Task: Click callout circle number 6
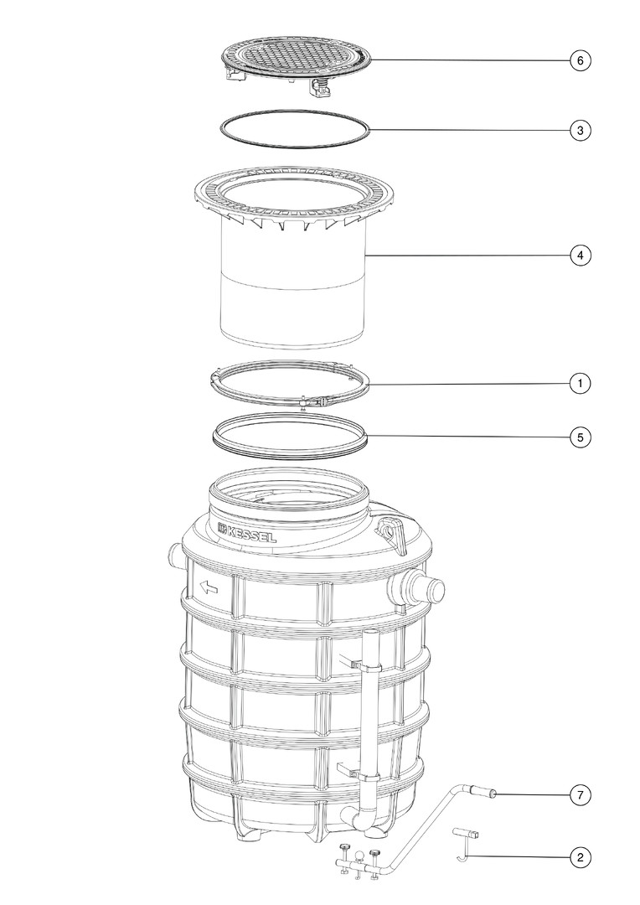[x=580, y=60]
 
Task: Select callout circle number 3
[x=580, y=131]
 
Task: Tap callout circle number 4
[x=580, y=255]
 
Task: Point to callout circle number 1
[x=580, y=383]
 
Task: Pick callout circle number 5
[x=580, y=437]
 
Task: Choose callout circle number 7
[x=580, y=795]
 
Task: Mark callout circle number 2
[x=580, y=858]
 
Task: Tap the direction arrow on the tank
[x=209, y=587]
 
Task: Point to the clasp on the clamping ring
[x=314, y=401]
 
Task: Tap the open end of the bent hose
[x=493, y=794]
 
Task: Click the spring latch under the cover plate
[x=318, y=88]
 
